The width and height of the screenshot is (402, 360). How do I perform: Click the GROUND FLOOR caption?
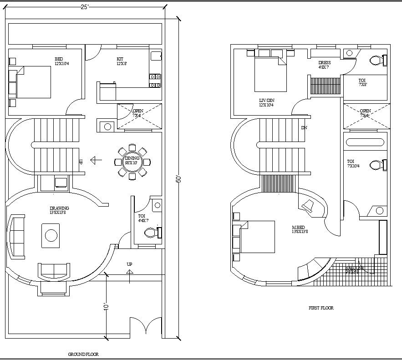click(83, 354)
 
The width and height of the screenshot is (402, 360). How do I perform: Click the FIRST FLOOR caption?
click(321, 308)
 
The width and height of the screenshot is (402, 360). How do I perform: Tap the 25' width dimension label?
click(85, 7)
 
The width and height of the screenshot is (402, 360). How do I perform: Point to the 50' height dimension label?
click(178, 179)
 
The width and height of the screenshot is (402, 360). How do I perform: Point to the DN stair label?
click(304, 128)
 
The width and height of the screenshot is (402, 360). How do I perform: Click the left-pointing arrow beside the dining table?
click(96, 160)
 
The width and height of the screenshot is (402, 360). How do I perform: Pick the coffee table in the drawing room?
click(51, 235)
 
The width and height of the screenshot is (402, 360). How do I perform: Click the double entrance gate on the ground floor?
click(145, 328)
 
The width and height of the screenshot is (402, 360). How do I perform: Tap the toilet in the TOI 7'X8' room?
click(377, 60)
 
